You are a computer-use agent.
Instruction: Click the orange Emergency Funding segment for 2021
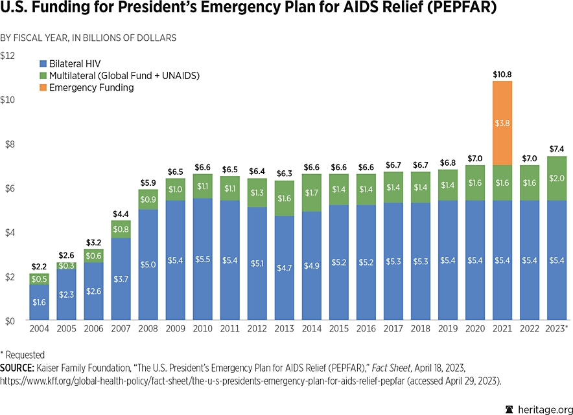coord(503,123)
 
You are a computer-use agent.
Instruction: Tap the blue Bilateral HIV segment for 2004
coord(39,302)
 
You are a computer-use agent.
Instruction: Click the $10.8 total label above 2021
coord(503,74)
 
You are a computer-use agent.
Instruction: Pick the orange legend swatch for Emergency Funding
coord(43,87)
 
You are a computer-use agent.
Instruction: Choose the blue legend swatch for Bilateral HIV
coord(43,64)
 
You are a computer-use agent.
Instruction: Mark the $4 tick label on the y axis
coord(9,232)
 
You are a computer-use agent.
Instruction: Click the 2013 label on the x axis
coord(285,329)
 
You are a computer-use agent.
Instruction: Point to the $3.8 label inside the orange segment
coord(503,123)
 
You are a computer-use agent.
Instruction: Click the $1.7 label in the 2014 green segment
coord(312,192)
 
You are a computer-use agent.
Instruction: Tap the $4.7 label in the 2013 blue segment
coord(285,268)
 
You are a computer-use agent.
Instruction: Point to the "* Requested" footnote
coord(23,355)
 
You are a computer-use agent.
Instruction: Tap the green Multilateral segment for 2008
coord(148,199)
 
